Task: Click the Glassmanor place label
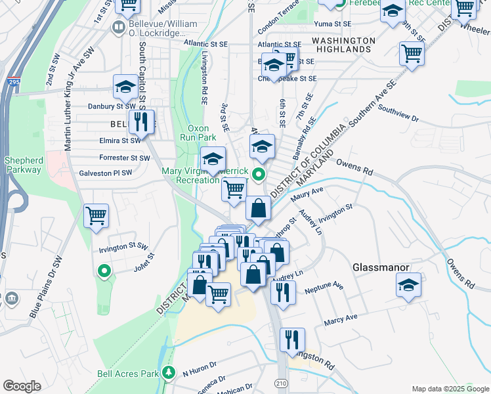coord(381,267)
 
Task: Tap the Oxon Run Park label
coord(197,133)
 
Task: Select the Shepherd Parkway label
coord(22,165)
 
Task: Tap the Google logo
coord(22,386)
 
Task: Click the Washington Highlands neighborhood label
coord(343,45)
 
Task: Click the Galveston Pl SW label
coord(104,173)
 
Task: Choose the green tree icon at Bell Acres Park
coord(169,372)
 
